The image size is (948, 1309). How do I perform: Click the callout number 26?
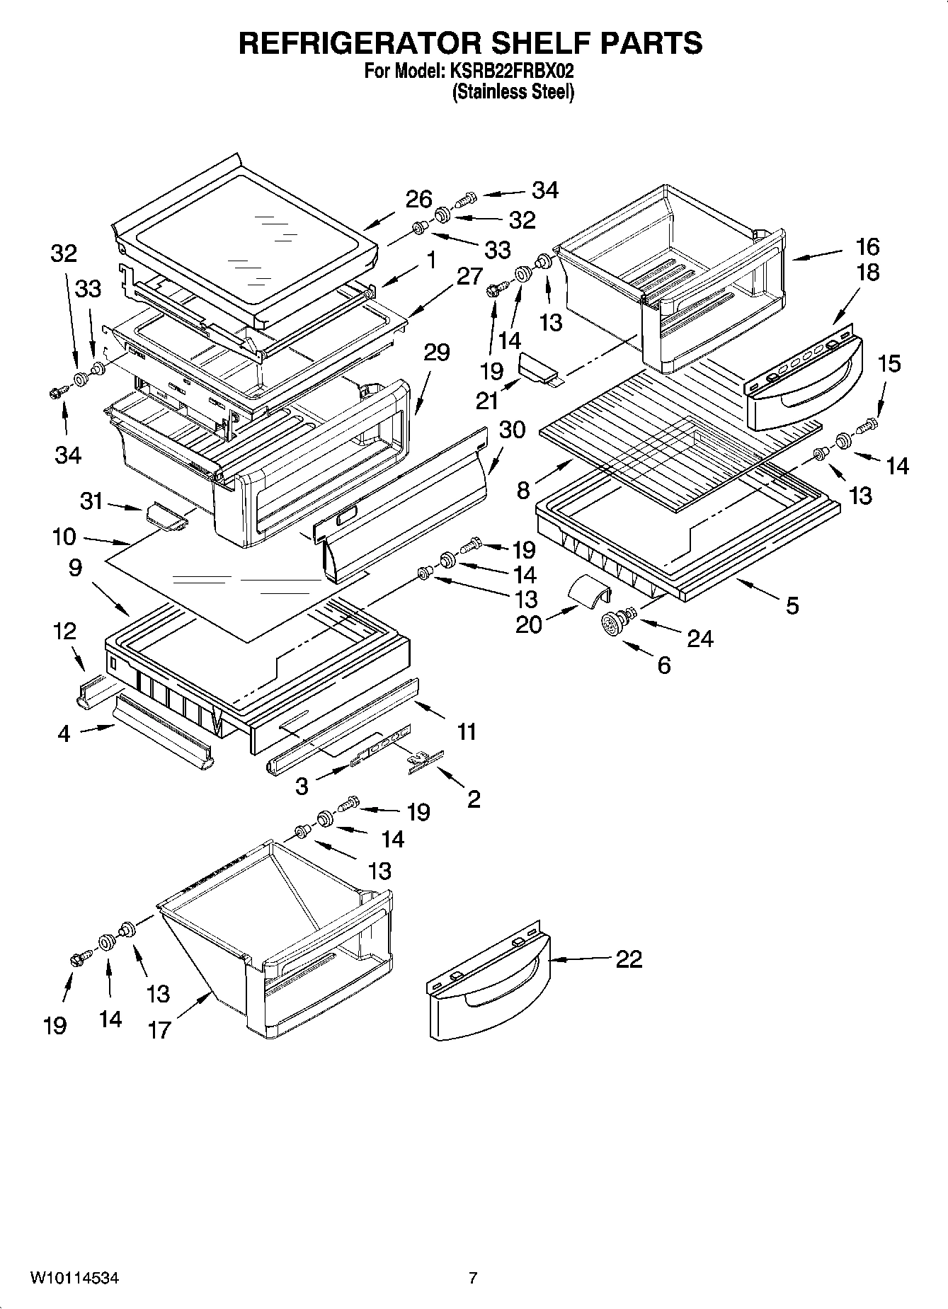[418, 200]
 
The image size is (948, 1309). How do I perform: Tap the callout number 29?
[436, 352]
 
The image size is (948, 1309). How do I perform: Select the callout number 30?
[512, 429]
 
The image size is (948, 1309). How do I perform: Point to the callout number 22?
[629, 959]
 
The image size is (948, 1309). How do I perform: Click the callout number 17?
[159, 1029]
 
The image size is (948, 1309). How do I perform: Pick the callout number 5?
[792, 605]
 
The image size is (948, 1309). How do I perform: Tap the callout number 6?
[663, 665]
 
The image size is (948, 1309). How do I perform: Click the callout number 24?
[700, 638]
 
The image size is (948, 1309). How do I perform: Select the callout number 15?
[889, 363]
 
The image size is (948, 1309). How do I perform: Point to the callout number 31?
[91, 501]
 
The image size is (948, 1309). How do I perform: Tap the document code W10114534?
[74, 1278]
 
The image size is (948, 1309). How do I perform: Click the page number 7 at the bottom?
[473, 1278]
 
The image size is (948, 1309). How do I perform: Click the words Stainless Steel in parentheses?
[513, 92]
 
